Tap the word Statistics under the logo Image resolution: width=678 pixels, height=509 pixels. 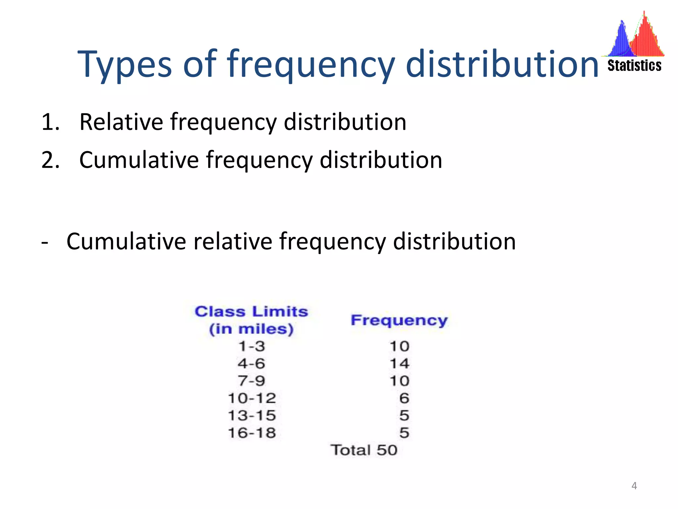(x=634, y=66)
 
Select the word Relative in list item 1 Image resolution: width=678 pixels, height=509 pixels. (x=121, y=122)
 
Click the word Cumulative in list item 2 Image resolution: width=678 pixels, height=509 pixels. (x=139, y=160)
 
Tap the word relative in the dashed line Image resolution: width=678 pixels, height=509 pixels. (x=232, y=241)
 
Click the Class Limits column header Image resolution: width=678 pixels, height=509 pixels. (x=251, y=320)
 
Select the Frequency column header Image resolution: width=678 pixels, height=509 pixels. (x=399, y=320)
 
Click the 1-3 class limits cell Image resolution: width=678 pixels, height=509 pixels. (x=252, y=347)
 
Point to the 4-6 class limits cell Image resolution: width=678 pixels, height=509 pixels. (x=252, y=364)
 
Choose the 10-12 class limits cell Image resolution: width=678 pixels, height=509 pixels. (x=252, y=398)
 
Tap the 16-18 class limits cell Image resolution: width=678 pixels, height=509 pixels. (x=252, y=433)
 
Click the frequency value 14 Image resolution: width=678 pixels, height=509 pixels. (x=399, y=364)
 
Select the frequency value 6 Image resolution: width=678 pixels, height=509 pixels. (x=404, y=398)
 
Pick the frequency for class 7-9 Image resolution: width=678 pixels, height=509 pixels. (x=399, y=381)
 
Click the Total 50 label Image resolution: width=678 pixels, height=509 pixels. (x=364, y=450)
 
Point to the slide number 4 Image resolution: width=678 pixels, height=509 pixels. (x=634, y=486)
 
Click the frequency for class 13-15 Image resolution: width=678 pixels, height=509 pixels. (x=404, y=416)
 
